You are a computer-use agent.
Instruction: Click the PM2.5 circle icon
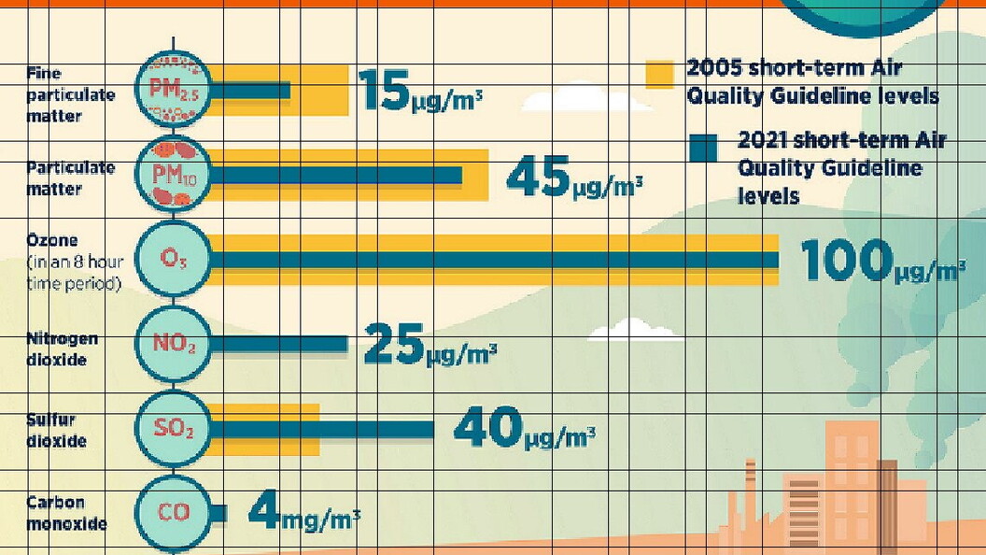(x=174, y=91)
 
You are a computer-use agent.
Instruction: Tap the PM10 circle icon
(x=174, y=175)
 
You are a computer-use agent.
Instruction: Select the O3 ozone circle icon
(x=174, y=259)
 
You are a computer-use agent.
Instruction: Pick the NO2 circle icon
(x=174, y=344)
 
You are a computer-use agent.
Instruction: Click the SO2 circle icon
(x=174, y=429)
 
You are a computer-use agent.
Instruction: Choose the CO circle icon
(x=174, y=512)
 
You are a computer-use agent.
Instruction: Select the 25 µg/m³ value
(x=430, y=346)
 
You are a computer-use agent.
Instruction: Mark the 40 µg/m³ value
(x=524, y=429)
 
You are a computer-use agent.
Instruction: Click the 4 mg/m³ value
(x=304, y=514)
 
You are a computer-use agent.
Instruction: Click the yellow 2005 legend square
(x=659, y=74)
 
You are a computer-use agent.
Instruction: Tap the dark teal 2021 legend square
(x=702, y=148)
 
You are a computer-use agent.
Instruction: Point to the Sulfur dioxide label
(x=57, y=430)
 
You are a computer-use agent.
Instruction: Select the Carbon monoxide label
(x=66, y=513)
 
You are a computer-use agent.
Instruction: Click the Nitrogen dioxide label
(x=62, y=349)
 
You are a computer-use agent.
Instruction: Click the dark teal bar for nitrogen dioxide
(x=280, y=344)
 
